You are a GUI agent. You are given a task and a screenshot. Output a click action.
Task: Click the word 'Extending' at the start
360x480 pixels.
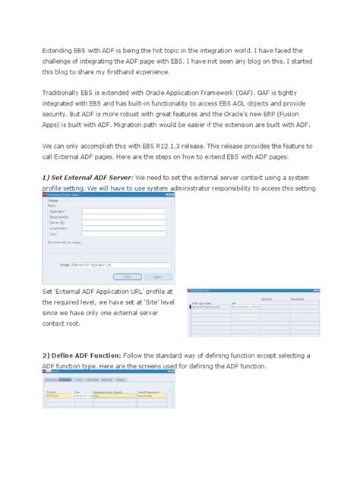coord(58,49)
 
